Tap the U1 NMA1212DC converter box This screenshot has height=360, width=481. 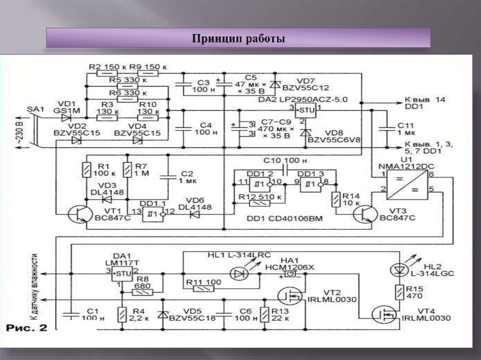pos(403,184)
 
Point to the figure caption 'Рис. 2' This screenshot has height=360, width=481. pos(26,328)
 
